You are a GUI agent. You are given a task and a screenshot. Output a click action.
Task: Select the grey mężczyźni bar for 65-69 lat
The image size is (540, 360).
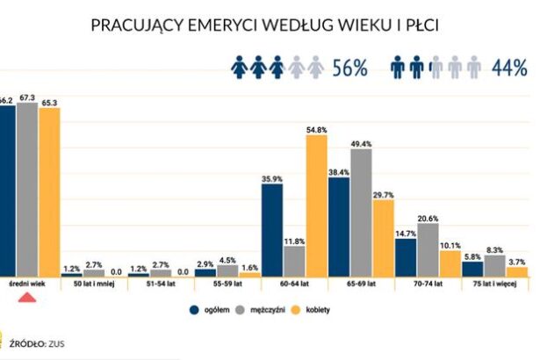point(360,212)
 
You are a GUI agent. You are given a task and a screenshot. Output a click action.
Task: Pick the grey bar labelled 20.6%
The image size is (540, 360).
point(428,250)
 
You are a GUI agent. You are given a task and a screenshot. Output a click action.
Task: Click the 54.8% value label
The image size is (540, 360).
point(316,130)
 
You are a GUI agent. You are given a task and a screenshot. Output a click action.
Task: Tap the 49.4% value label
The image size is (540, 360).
point(361,143)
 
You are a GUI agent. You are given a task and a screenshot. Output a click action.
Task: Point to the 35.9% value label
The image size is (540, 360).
point(271,179)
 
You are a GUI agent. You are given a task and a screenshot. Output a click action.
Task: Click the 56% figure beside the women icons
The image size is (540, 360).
point(349,68)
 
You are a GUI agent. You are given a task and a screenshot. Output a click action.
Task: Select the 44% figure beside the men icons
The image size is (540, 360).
point(509,68)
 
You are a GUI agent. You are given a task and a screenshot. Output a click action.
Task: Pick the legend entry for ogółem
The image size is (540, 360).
point(208,309)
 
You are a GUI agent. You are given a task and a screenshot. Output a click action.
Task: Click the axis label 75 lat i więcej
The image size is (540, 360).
point(494,286)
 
